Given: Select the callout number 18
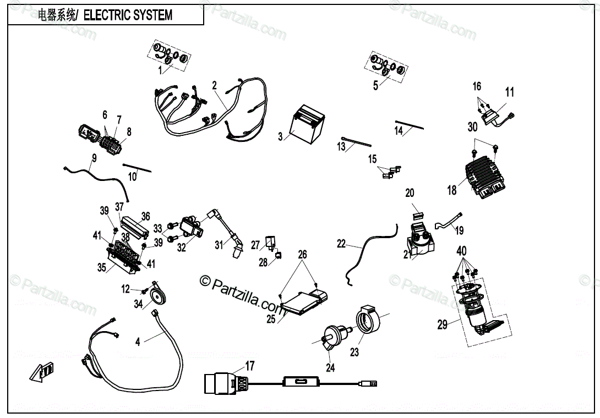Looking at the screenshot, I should pos(452,190).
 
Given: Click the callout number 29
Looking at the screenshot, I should pos(443,325).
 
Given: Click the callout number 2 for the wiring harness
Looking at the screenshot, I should pos(214,86).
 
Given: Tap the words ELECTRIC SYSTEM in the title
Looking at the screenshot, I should pos(128,15).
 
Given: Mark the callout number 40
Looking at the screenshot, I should pos(462,251).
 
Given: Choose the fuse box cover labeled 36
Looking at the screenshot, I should pos(135,224).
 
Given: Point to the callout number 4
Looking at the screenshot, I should pos(138,342).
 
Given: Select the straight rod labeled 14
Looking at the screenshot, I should pos(409,125).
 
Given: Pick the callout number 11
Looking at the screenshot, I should pos(510,92).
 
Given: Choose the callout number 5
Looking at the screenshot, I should pos(375,86).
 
